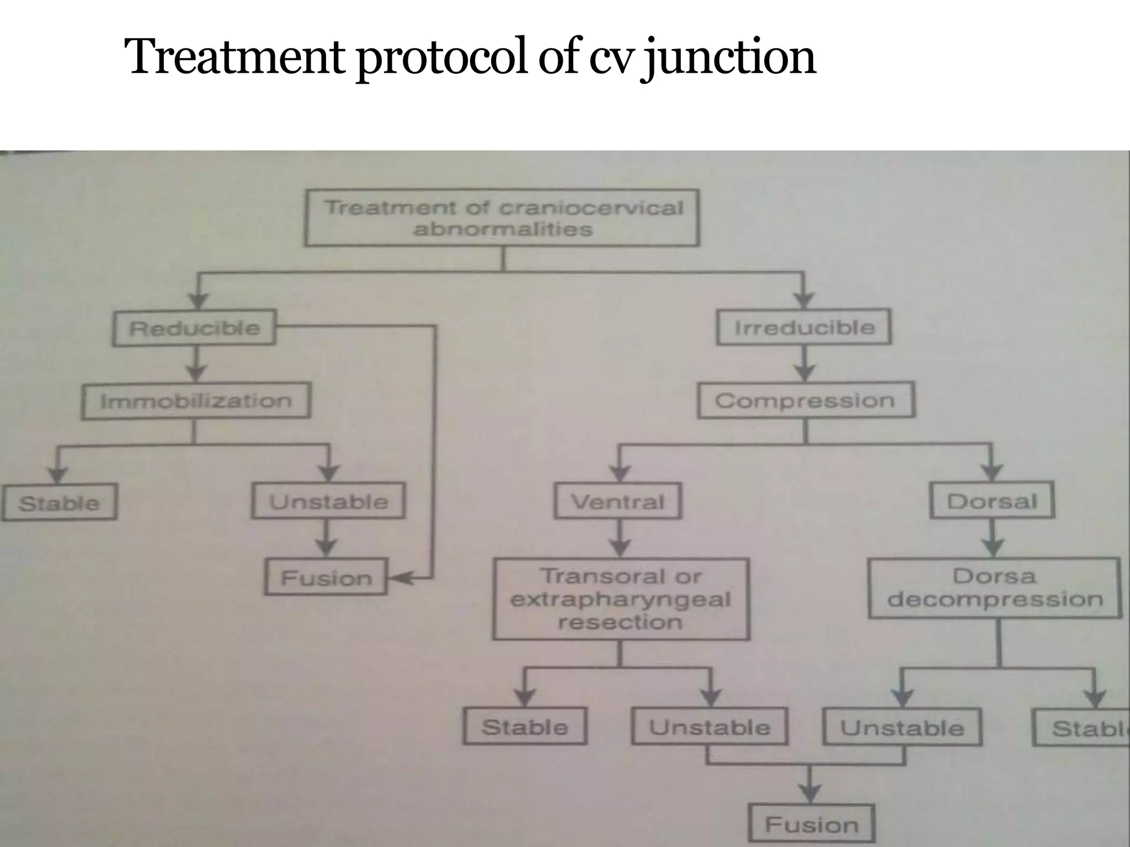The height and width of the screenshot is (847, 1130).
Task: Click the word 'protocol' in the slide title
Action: (x=442, y=57)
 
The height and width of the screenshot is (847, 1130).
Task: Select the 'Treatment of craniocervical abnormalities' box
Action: (x=502, y=218)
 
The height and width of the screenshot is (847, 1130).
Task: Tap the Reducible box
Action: (x=194, y=328)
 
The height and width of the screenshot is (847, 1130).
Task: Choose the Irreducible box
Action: (x=804, y=328)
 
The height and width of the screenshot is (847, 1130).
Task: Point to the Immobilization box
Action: (x=196, y=401)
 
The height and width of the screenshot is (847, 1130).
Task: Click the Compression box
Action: (x=805, y=400)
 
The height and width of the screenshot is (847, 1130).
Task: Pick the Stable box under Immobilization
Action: (x=59, y=502)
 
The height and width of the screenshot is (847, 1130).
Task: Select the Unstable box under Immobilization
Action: (x=328, y=501)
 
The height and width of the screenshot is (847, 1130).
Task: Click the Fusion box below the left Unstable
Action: (x=326, y=577)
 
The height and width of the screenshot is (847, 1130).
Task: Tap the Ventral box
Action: (x=617, y=501)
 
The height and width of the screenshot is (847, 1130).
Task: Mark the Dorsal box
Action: (x=992, y=501)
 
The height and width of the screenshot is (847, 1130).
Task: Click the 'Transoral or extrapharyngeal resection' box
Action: (x=621, y=599)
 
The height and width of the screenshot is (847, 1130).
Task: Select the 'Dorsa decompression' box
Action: (x=994, y=588)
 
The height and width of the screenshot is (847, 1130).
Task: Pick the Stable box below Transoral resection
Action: (x=524, y=727)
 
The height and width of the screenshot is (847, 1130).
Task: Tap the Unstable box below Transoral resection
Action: (x=709, y=727)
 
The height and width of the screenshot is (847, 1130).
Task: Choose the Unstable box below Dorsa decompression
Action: (x=902, y=728)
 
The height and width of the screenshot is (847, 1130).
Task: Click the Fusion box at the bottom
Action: (x=812, y=824)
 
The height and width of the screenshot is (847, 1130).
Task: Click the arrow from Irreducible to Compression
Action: (x=804, y=364)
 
